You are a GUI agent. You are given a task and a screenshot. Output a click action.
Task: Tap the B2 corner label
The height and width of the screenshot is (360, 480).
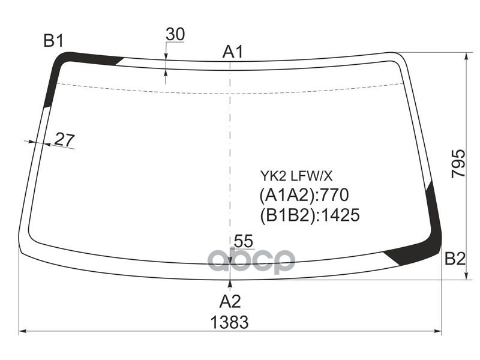pyautogui.click(x=455, y=259)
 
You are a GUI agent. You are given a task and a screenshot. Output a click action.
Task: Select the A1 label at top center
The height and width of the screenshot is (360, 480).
pyautogui.click(x=232, y=52)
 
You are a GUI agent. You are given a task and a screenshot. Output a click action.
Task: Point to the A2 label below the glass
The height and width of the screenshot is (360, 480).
pyautogui.click(x=230, y=301)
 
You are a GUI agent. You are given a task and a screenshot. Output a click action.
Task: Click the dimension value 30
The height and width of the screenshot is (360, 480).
pyautogui.click(x=175, y=35)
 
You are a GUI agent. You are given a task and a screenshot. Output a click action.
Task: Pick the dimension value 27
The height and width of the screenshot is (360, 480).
pyautogui.click(x=64, y=139)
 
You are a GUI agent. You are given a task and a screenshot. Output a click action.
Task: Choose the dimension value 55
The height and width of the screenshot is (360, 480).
pyautogui.click(x=244, y=241)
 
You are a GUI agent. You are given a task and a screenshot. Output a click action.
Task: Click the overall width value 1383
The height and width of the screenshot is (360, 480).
pyautogui.click(x=230, y=322)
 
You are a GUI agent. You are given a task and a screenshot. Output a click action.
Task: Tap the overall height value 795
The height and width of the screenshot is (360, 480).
pyautogui.click(x=458, y=163)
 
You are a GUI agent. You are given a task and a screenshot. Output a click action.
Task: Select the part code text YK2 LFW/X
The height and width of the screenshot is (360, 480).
pyautogui.click(x=296, y=176)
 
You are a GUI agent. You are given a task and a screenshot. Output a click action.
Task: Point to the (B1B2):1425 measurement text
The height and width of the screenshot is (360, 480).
pyautogui.click(x=309, y=215)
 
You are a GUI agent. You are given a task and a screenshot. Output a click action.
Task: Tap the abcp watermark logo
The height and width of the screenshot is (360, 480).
pyautogui.click(x=252, y=260)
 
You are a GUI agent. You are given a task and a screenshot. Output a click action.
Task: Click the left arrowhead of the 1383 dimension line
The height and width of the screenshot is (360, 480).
pyautogui.click(x=23, y=331)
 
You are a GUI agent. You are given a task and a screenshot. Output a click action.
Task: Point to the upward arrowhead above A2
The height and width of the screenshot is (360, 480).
pyautogui.click(x=230, y=284)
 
